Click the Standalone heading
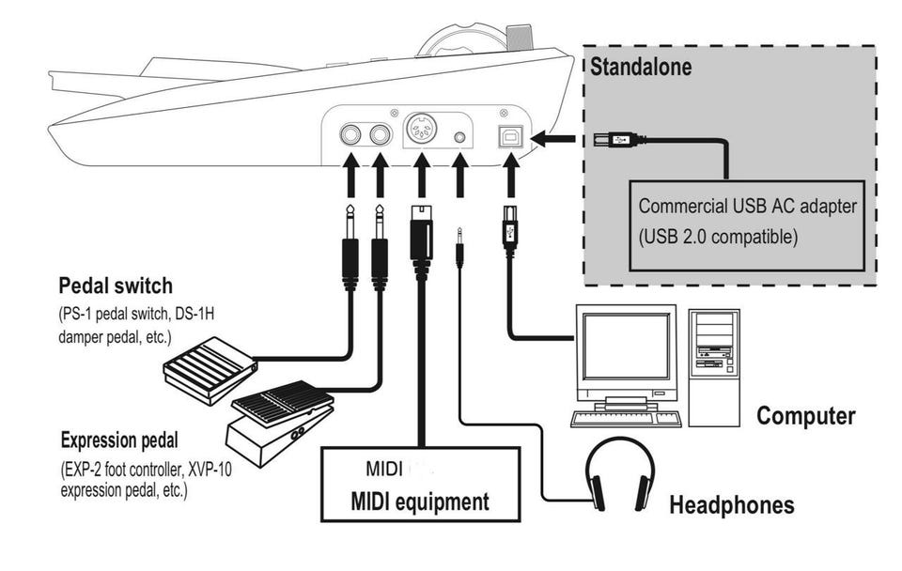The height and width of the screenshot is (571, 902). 641,68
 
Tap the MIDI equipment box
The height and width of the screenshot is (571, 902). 420,484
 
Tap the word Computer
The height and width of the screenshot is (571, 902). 806,415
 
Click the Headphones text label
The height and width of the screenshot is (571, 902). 731,505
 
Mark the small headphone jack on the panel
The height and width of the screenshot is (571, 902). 459,137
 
